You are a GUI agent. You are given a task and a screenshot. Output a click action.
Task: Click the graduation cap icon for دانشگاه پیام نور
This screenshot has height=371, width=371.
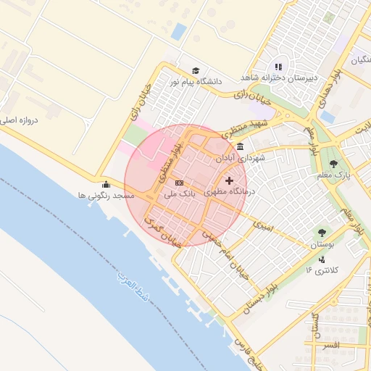196,70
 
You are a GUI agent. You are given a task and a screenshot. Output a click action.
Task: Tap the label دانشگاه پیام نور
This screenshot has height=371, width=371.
195,82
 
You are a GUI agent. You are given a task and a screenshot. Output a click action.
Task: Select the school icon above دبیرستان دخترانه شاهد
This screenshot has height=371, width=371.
278,67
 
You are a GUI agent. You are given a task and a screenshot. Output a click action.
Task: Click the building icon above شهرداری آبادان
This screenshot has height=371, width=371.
240,146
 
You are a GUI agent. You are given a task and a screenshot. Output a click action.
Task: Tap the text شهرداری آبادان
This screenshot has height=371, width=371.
240,157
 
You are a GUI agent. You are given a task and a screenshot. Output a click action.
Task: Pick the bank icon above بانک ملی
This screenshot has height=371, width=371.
179,183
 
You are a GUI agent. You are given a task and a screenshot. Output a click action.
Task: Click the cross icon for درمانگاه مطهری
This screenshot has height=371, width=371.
230,180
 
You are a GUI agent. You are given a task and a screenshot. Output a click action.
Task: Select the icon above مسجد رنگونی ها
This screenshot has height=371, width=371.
107,184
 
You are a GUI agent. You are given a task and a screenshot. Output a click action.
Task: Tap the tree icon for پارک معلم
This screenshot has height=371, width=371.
333,164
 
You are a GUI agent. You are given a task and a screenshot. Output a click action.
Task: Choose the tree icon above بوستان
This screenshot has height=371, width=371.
321,233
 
